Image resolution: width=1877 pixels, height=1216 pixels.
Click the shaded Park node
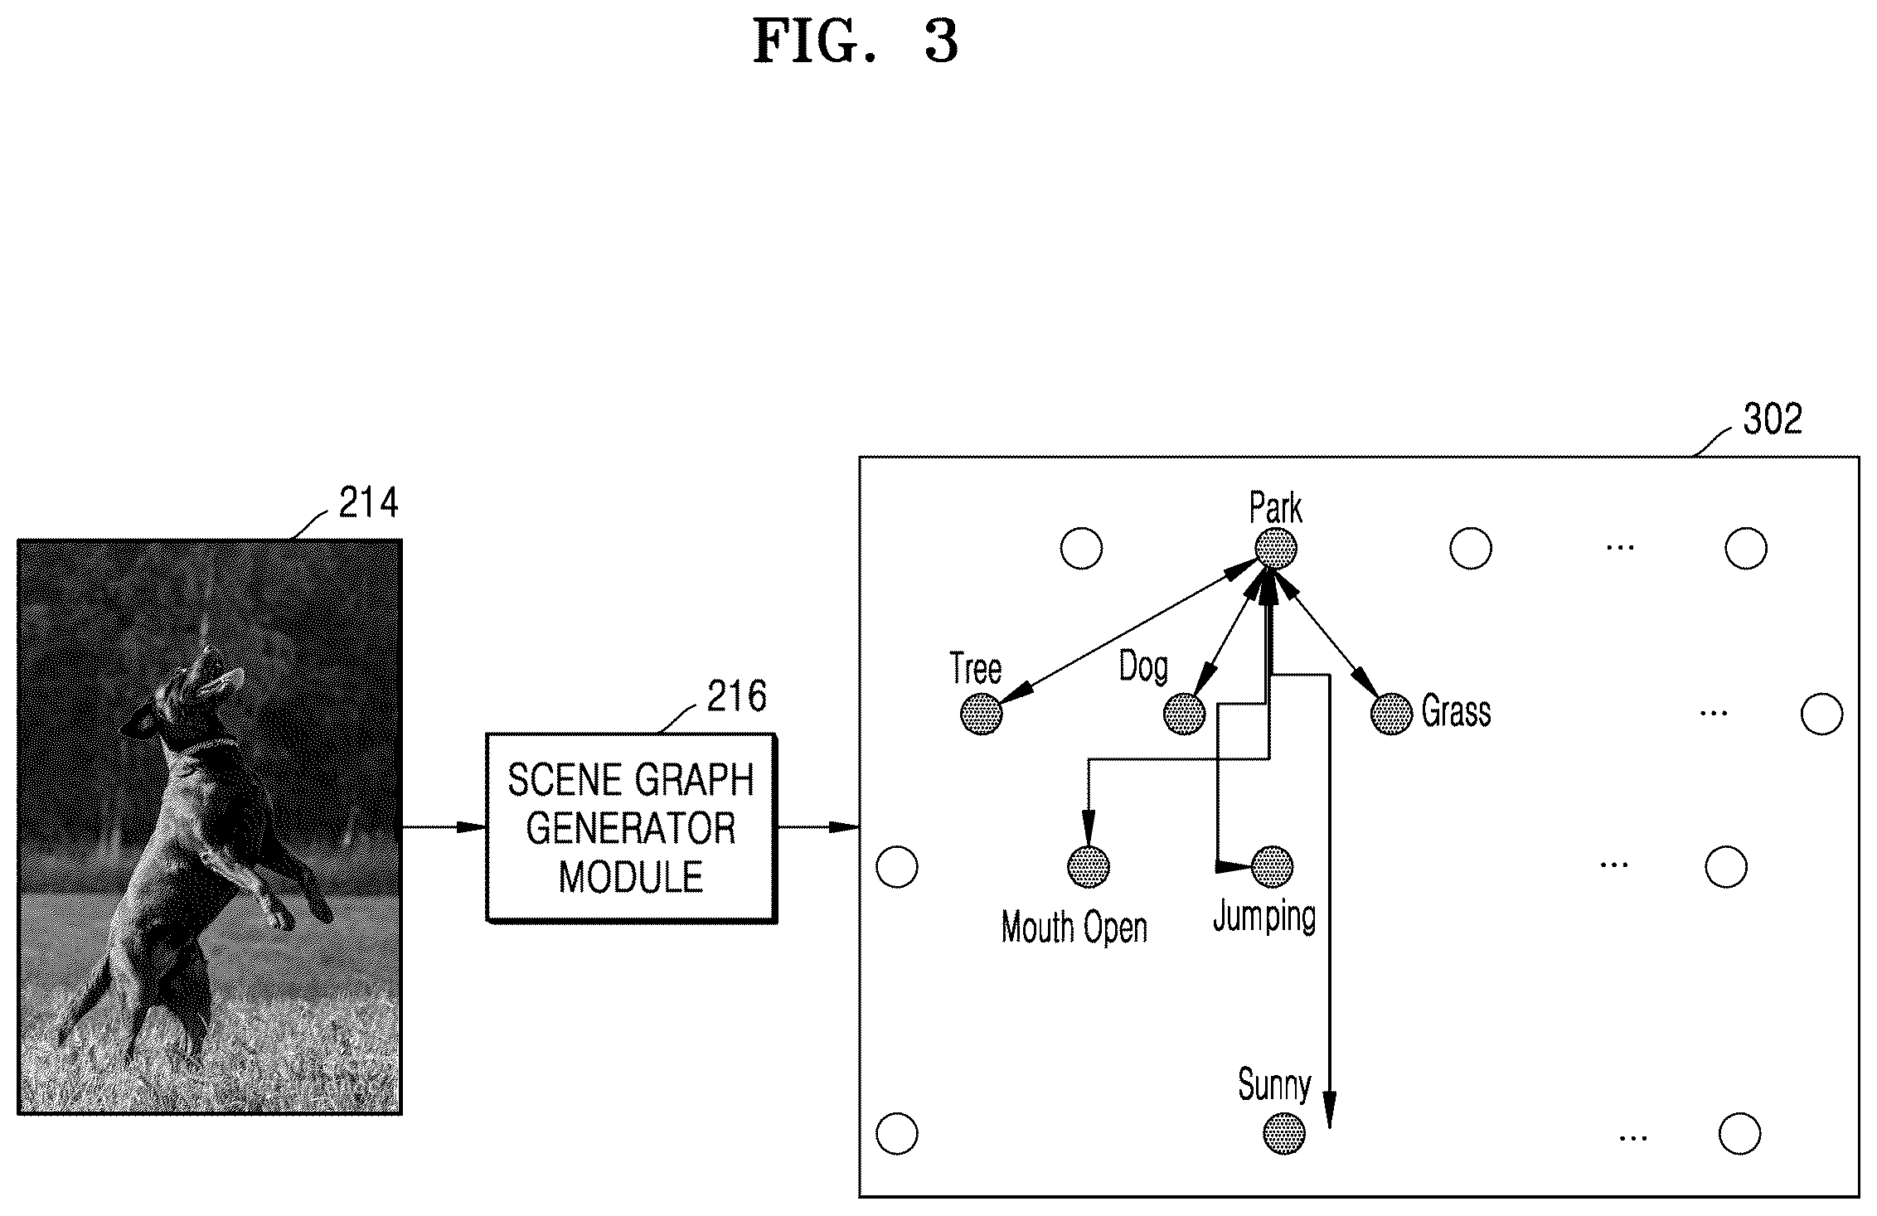[1275, 548]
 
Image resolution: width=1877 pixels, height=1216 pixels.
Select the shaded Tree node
[981, 714]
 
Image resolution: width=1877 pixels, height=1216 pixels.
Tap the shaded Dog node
[1184, 713]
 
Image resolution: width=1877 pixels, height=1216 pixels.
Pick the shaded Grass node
[1391, 713]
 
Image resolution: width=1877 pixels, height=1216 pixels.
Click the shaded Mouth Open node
[1088, 867]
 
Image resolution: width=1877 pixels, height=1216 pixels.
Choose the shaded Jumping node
[1271, 867]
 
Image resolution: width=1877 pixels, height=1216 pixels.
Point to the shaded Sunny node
[1283, 1133]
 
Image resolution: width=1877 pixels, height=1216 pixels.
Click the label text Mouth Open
[1074, 928]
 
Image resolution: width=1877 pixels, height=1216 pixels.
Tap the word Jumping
[1264, 918]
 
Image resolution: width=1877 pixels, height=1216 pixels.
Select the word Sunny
[1274, 1085]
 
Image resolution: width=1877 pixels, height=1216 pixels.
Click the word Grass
[1456, 712]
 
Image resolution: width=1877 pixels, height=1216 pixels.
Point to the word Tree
[976, 669]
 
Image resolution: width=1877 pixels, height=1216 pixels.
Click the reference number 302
[1773, 419]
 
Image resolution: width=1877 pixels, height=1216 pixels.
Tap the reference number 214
[369, 502]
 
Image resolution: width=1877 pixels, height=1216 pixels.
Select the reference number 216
[736, 696]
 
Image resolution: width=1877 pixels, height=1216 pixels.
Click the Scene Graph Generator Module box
[631, 827]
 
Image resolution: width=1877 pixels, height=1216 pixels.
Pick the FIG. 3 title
[856, 42]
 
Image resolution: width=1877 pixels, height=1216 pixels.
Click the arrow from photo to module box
[444, 826]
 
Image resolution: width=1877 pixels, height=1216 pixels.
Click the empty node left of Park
[1081, 548]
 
